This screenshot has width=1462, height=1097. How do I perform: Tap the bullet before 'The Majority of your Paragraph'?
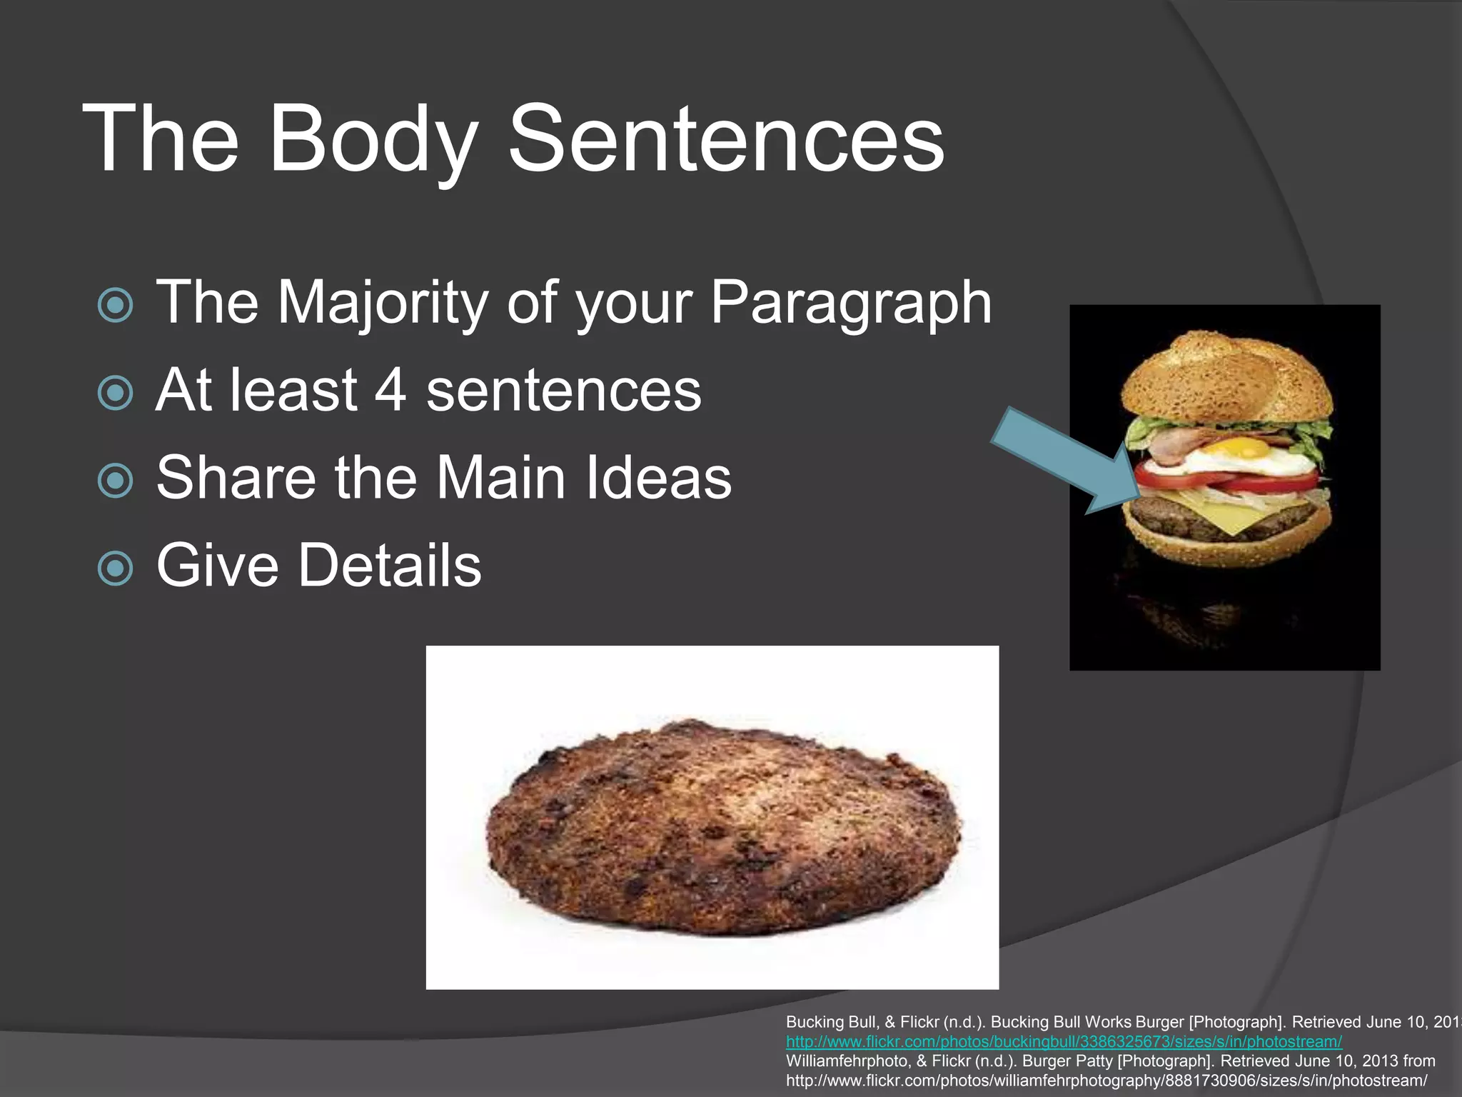point(115,306)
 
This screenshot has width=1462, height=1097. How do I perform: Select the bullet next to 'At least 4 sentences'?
point(115,393)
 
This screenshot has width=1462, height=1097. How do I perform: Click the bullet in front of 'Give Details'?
point(115,568)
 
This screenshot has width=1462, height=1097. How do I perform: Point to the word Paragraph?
point(850,303)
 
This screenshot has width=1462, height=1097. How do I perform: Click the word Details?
point(390,565)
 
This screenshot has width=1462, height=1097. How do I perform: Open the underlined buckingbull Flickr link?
point(1064,1041)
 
